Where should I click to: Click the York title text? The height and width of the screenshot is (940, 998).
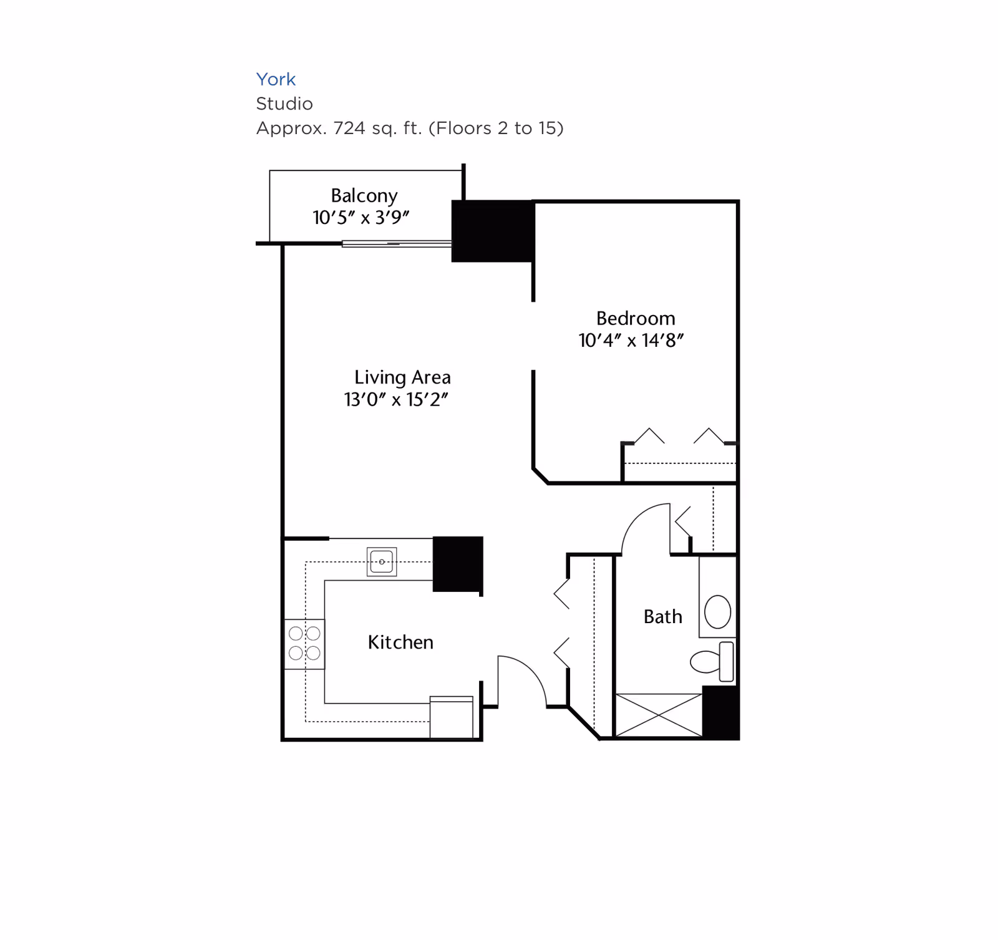tap(276, 79)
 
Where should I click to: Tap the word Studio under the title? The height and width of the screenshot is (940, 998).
tap(284, 104)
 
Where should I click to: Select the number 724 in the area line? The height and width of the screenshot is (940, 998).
tap(349, 128)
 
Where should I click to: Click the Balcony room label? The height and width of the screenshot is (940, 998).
tap(364, 196)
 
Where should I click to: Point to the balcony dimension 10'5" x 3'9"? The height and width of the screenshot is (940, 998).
tap(361, 218)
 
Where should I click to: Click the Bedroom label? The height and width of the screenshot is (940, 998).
tap(635, 319)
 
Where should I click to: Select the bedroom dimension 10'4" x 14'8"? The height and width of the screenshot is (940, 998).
tap(631, 341)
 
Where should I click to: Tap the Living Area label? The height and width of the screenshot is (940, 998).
tap(402, 377)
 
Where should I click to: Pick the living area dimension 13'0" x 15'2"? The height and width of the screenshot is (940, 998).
tap(396, 400)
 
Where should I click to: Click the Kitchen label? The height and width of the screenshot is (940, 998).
tap(400, 642)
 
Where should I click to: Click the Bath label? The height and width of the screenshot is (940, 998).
tap(662, 617)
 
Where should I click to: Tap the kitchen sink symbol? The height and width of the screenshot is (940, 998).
tap(382, 561)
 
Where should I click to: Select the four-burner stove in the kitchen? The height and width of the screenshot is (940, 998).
tap(304, 644)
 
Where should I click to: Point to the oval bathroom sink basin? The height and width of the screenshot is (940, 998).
tap(717, 611)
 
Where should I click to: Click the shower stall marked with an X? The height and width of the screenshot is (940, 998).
tap(659, 715)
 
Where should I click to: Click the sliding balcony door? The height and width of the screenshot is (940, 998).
tap(397, 244)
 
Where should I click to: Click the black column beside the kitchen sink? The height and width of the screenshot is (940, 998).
tap(458, 563)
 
